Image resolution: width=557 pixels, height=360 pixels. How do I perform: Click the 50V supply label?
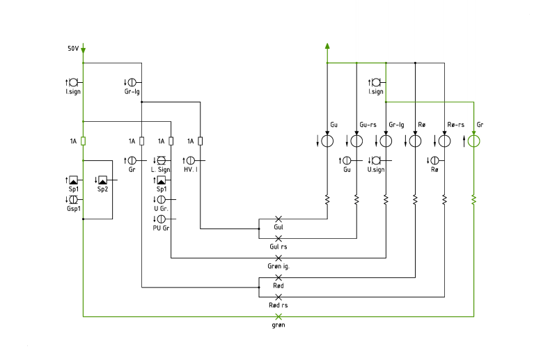coord(73,48)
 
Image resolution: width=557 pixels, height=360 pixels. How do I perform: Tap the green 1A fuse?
coord(83,141)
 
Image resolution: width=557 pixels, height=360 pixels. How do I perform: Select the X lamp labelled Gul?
coord(278,219)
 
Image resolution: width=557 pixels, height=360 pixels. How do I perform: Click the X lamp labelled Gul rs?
coord(278,238)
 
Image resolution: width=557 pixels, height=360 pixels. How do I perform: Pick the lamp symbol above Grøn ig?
coord(278,258)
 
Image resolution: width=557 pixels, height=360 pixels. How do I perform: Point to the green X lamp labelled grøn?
coord(278,316)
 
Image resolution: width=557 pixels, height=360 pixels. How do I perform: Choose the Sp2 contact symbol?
coord(102,180)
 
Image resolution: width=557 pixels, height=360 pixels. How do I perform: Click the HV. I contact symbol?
coord(191,161)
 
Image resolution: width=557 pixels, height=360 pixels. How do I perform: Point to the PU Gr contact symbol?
coord(162,219)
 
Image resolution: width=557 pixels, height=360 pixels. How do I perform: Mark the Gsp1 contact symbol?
coord(74,199)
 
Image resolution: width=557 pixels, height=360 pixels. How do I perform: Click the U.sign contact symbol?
coord(376,161)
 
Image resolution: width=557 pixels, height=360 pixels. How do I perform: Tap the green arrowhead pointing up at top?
coord(327,46)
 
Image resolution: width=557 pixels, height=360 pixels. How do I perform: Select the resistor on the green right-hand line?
coord(473,200)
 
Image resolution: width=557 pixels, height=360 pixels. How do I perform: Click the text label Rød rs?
coord(278,305)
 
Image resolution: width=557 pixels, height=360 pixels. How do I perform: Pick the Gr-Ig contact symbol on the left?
coord(132,82)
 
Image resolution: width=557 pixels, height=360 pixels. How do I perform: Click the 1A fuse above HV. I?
coord(201,141)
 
